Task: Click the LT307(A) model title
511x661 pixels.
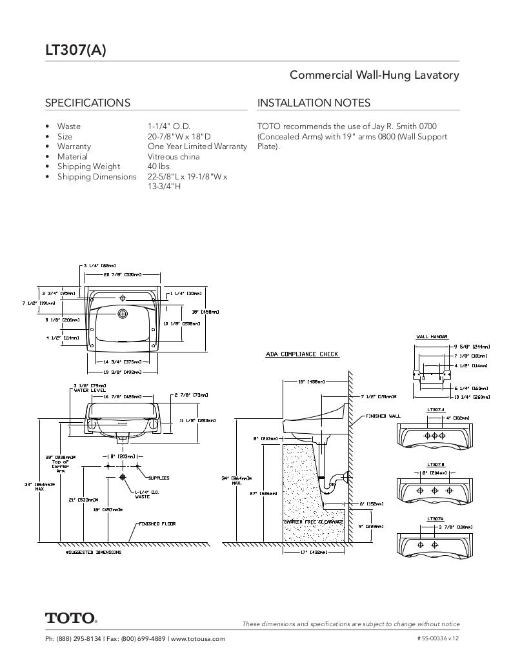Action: coord(75,50)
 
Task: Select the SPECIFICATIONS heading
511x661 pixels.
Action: coord(87,103)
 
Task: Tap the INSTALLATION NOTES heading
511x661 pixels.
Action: coord(314,103)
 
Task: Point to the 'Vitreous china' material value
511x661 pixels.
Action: coord(174,157)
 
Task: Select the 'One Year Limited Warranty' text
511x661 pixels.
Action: coord(197,147)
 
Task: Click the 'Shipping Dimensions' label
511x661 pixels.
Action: coord(97,177)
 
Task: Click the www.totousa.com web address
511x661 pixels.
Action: coord(198,639)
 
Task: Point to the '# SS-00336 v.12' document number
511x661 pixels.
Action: coord(438,639)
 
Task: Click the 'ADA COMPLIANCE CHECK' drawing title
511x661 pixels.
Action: coord(302,354)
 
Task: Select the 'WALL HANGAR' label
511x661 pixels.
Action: coord(432,337)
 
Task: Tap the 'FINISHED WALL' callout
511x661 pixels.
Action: coord(383,416)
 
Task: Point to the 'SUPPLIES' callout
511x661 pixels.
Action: coord(158,478)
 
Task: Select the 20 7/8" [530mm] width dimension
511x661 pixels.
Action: coord(123,275)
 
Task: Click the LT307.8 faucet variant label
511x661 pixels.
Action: coord(436,464)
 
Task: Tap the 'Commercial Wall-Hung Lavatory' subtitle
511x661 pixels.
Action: coord(374,75)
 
